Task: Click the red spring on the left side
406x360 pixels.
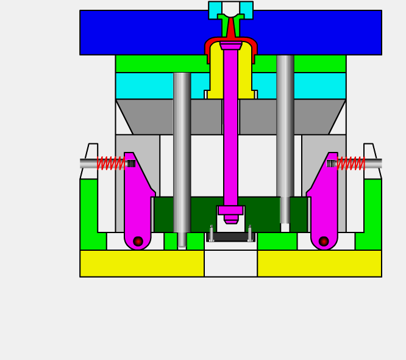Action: (111, 163)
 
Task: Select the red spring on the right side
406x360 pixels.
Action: (351, 163)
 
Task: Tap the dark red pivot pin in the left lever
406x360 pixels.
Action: (138, 242)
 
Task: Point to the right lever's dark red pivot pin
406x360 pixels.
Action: (324, 242)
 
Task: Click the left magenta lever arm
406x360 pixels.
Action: (137, 201)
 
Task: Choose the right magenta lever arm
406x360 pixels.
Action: (325, 201)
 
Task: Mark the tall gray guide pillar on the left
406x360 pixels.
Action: (182, 153)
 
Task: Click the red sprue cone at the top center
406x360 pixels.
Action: (231, 29)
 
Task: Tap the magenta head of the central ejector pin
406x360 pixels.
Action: (230, 46)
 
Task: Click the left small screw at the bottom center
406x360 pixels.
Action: (212, 234)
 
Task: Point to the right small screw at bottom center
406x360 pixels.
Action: (250, 234)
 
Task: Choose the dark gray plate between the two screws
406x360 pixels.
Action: (230, 237)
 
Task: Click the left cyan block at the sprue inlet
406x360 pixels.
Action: (215, 9)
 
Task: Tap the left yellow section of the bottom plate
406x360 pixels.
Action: (141, 264)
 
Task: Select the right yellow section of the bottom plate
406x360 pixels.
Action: (319, 264)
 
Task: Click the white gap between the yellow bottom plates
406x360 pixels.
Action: (230, 264)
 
